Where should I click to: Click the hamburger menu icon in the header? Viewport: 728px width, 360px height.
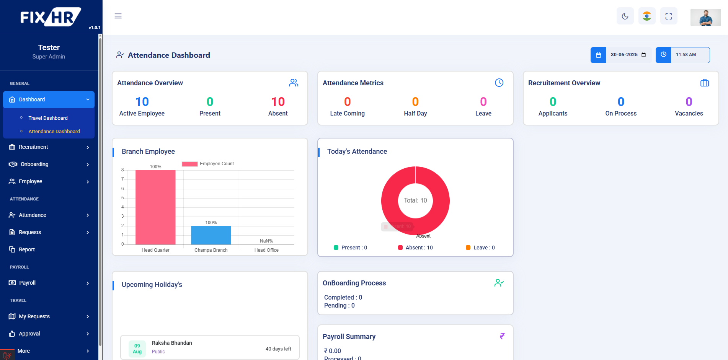(118, 16)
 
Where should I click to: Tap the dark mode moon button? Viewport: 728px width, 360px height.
(625, 16)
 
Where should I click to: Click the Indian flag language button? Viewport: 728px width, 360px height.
(647, 16)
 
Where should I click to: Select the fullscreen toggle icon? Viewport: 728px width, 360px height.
(669, 16)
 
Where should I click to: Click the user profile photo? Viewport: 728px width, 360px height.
(705, 18)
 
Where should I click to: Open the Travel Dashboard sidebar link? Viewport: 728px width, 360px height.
(48, 118)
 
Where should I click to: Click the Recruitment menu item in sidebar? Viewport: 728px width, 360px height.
(34, 147)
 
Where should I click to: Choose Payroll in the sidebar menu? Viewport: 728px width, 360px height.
(28, 283)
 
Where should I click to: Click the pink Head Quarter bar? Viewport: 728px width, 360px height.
(155, 207)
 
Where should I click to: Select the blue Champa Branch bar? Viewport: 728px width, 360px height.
(211, 235)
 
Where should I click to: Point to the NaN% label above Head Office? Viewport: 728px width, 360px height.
(266, 241)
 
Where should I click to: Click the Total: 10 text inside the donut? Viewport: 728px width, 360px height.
(415, 200)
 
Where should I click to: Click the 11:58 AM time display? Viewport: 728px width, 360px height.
(686, 55)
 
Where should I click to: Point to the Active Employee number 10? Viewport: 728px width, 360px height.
(142, 102)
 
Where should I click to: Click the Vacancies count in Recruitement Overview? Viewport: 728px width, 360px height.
(689, 102)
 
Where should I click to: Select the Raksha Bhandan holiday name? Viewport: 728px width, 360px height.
(172, 343)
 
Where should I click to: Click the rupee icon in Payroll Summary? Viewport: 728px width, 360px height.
(502, 336)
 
